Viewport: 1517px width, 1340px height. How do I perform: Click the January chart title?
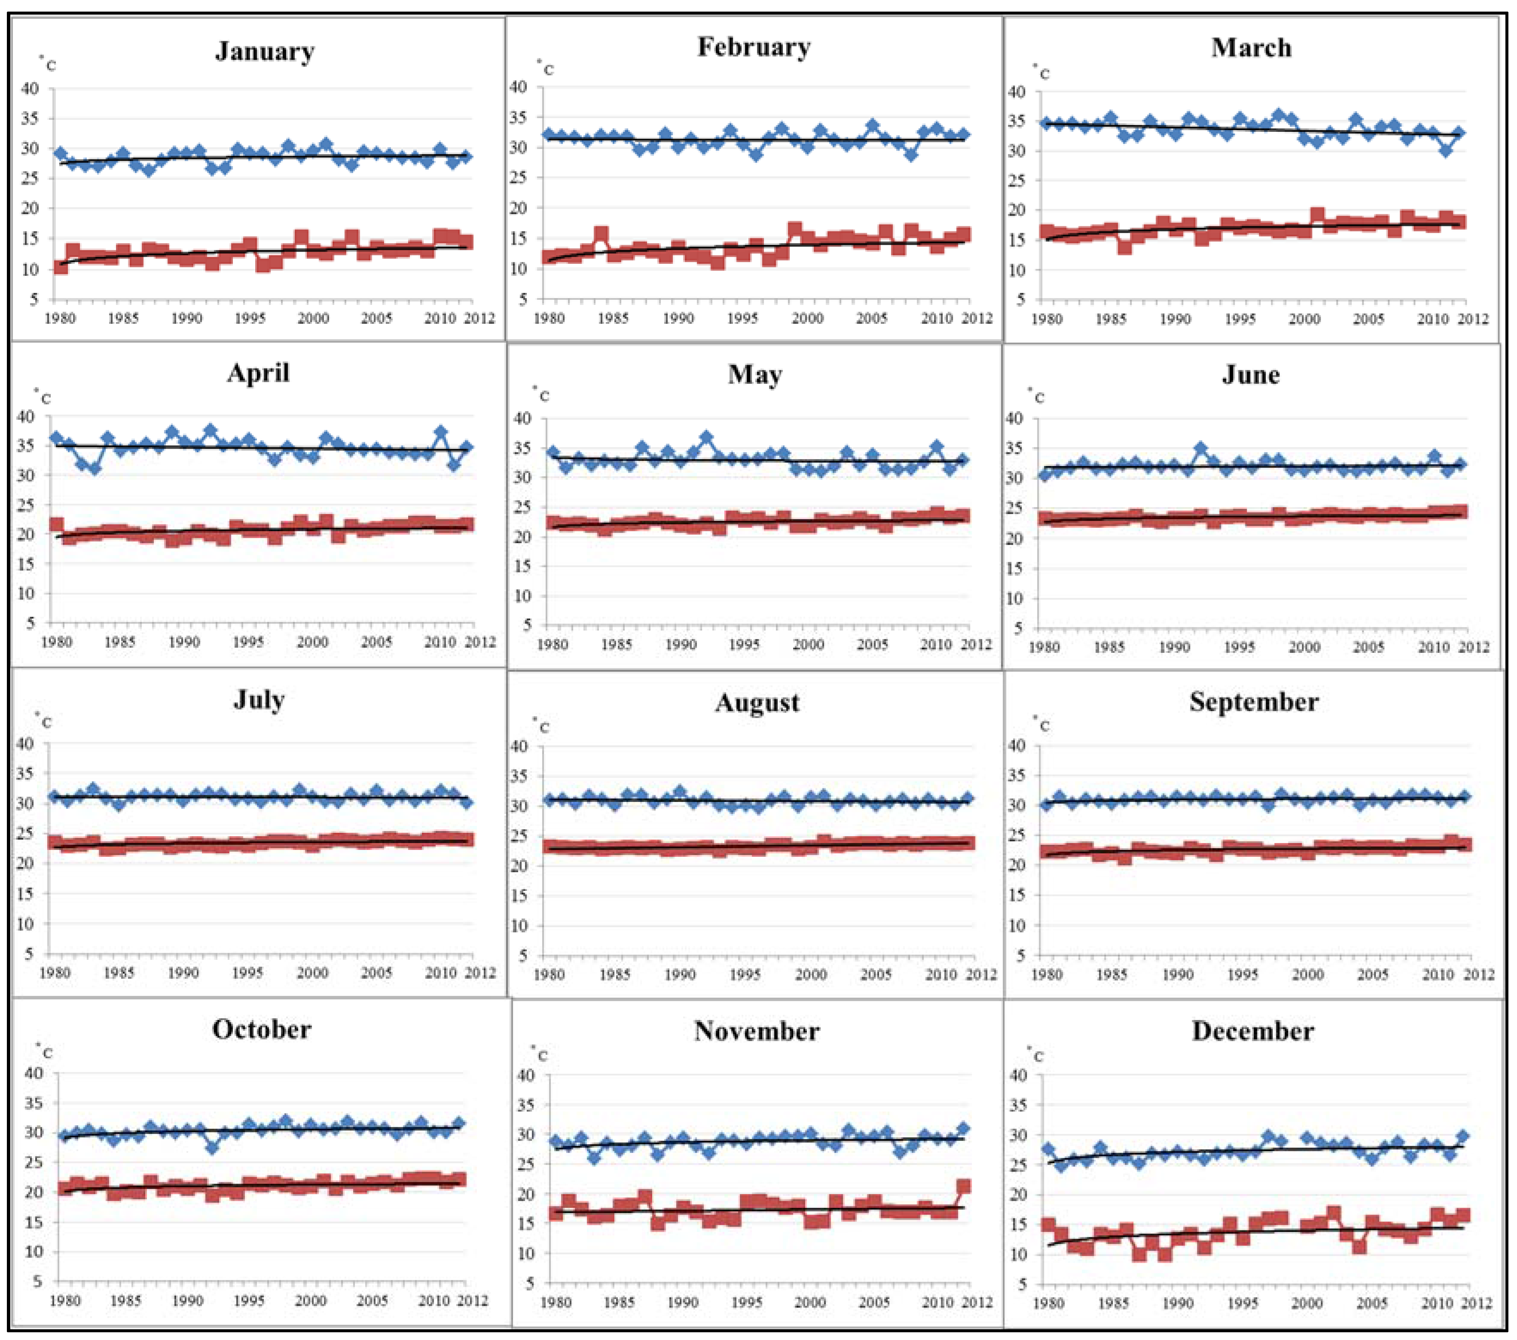pos(265,51)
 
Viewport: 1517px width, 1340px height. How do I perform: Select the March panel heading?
pos(1251,48)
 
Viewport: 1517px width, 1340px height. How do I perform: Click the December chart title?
pos(1253,1031)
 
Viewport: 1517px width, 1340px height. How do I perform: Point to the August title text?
pos(757,703)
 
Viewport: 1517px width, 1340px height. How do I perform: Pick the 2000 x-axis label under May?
pos(808,644)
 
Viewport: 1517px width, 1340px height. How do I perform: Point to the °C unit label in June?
pos(1036,396)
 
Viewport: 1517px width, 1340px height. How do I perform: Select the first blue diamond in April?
pos(56,438)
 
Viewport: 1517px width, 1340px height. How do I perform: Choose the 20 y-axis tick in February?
pos(518,208)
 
